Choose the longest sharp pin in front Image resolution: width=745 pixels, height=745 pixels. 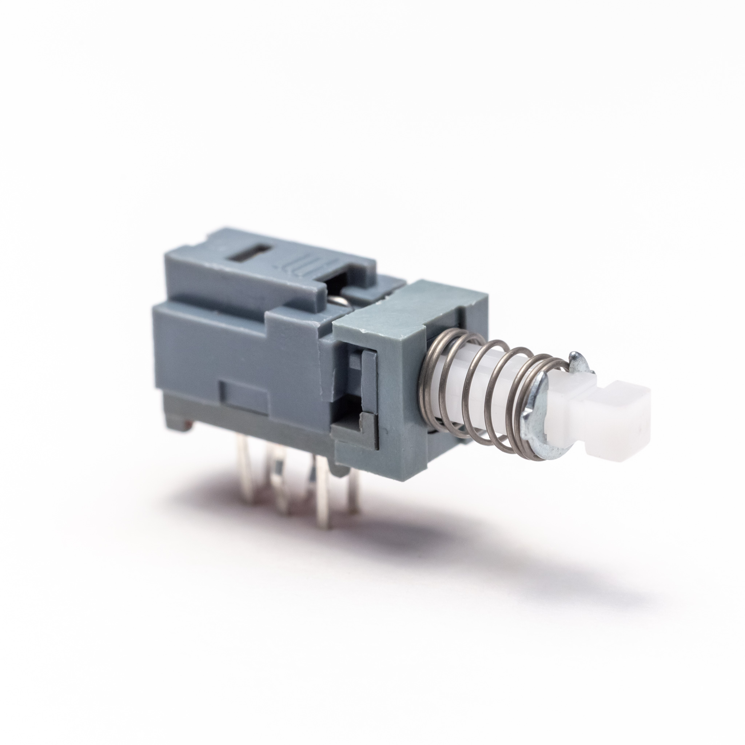click(x=321, y=509)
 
